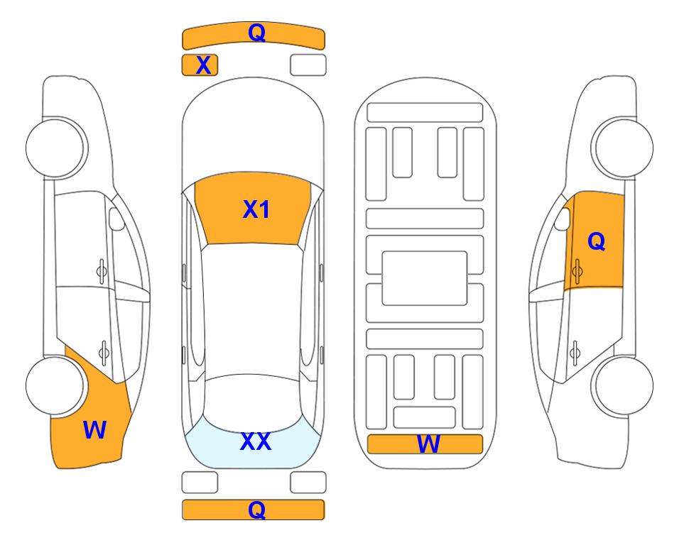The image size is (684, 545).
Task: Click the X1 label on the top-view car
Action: click(x=256, y=209)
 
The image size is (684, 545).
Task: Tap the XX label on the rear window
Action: click(x=256, y=441)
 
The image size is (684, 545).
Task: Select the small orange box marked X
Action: click(x=200, y=65)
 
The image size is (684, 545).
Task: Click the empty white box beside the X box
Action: click(x=308, y=65)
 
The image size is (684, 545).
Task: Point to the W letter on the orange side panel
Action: click(x=94, y=430)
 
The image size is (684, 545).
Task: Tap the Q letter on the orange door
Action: click(x=597, y=241)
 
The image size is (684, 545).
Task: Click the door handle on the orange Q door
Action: click(x=577, y=271)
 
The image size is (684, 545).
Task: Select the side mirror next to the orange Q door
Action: click(x=562, y=219)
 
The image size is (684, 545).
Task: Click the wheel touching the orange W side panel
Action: click(x=55, y=386)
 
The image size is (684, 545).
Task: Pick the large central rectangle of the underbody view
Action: click(x=425, y=278)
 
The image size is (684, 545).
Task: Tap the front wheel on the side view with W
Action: click(x=55, y=148)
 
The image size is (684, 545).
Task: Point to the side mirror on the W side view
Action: click(x=116, y=219)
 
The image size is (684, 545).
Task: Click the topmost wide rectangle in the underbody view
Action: click(x=425, y=113)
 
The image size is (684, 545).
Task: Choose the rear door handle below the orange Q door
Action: click(x=575, y=353)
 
